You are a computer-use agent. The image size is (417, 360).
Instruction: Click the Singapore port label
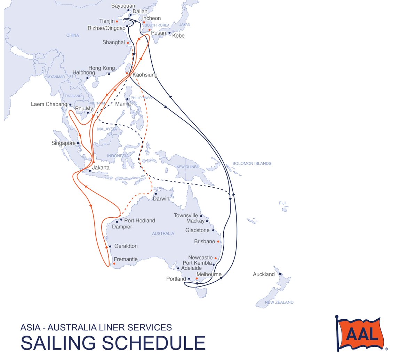(x=63, y=143)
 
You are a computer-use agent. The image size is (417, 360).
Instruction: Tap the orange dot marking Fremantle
(x=114, y=264)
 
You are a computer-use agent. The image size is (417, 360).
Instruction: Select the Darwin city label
(x=161, y=198)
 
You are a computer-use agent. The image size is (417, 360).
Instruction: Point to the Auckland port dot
(x=280, y=274)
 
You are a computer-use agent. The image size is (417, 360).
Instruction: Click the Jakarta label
(x=101, y=167)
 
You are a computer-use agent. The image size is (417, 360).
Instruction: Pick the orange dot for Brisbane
(x=218, y=241)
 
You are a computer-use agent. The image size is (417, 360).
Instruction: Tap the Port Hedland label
(x=139, y=220)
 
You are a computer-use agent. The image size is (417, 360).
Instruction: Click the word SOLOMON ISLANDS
(x=252, y=163)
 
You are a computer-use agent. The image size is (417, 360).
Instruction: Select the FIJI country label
(x=282, y=203)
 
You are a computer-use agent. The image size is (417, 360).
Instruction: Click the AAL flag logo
(x=361, y=334)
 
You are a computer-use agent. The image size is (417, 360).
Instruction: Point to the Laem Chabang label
(x=49, y=104)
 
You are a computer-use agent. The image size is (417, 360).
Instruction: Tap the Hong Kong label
(x=102, y=68)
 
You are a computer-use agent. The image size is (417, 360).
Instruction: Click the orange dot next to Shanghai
(x=128, y=43)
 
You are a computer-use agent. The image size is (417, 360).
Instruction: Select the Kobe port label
(x=178, y=36)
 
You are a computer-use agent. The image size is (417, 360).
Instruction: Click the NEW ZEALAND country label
(x=279, y=302)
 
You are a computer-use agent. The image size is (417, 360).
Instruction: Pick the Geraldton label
(x=126, y=246)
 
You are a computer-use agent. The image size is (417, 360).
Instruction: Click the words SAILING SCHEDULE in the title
(x=113, y=343)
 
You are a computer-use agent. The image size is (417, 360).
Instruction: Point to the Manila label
(x=123, y=104)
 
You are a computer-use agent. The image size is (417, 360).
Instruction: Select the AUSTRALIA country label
(x=163, y=233)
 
